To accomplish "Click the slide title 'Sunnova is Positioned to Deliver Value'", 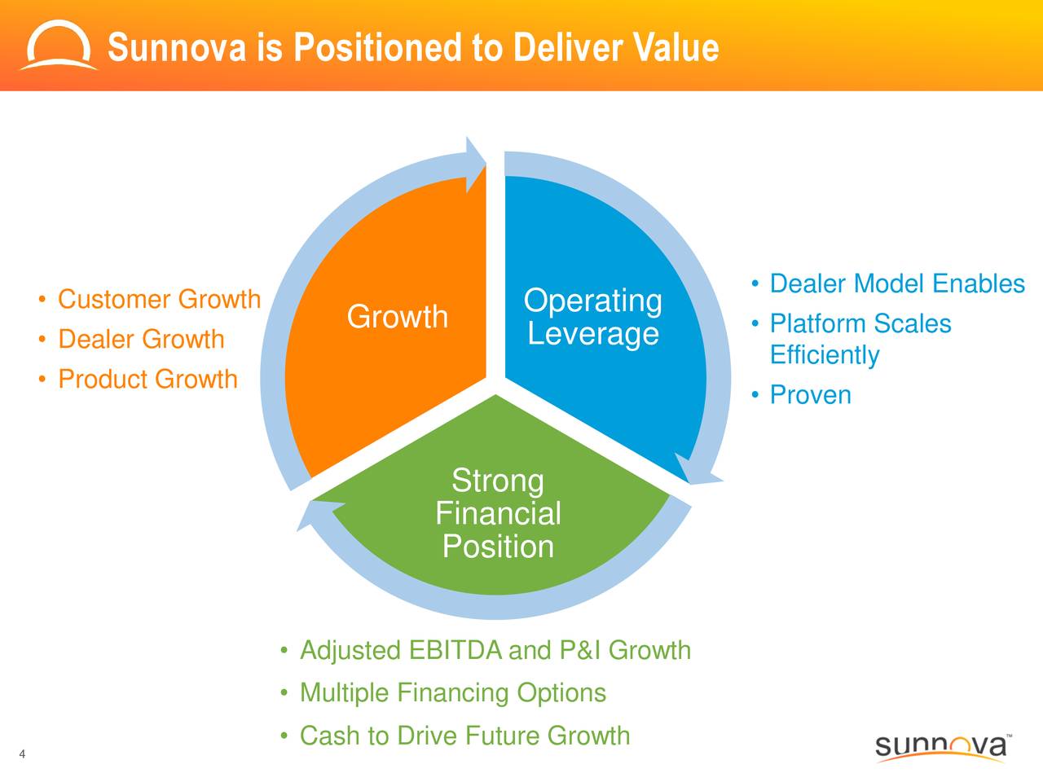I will (x=413, y=47).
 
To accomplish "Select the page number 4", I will (x=22, y=753).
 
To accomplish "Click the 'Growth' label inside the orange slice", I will (x=397, y=316).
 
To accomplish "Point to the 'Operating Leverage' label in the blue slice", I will (x=592, y=317).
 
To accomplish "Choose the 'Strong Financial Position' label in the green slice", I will (x=497, y=513).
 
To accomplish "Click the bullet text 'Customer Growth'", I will (x=159, y=299).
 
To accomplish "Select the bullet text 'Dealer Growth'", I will (x=141, y=339).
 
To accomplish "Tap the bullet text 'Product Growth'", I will (x=147, y=379).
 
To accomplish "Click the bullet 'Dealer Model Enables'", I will (x=896, y=283).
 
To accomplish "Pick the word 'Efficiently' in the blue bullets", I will (x=824, y=355).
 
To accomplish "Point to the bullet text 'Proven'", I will (x=810, y=395).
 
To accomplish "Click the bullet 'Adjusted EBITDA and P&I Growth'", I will (x=495, y=650).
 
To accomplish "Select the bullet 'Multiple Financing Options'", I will (x=452, y=692).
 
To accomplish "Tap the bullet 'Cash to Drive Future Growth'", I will (x=464, y=736).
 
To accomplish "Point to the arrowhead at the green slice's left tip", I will (x=314, y=515).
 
